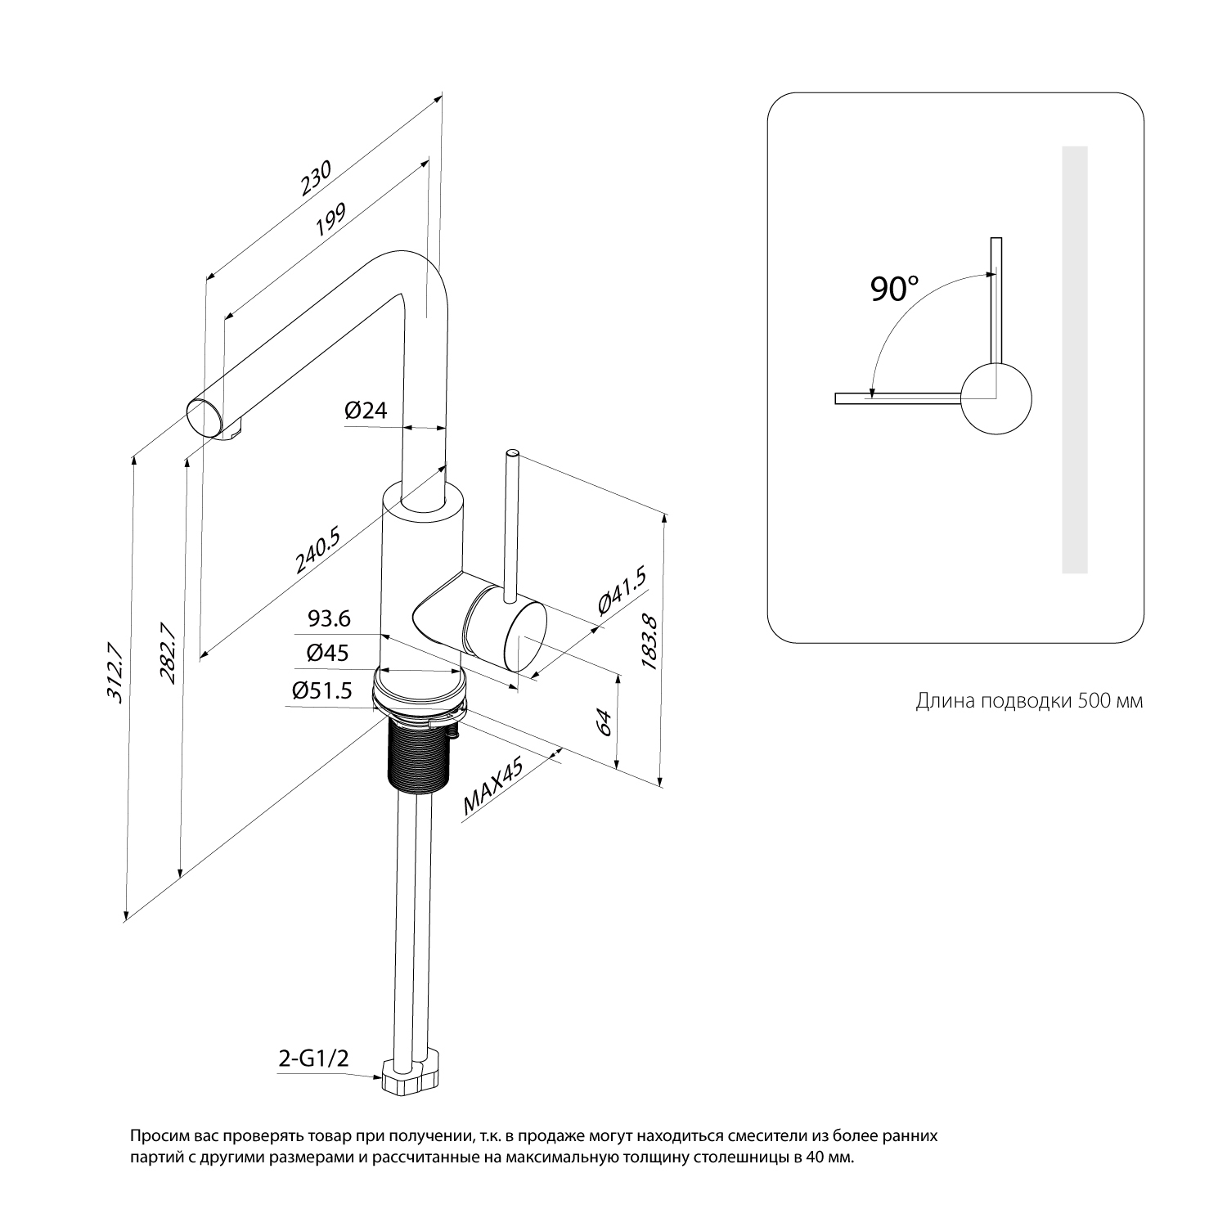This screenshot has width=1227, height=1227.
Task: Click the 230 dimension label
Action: point(316,178)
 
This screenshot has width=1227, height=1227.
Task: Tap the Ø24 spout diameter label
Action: point(365,411)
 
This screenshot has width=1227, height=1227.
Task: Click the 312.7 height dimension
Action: point(114,673)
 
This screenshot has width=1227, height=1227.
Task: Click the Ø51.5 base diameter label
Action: point(321,691)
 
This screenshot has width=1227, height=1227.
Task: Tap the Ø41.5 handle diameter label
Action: point(622,591)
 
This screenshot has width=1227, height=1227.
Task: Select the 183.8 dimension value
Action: point(649,642)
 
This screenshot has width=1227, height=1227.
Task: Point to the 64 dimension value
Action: point(604,722)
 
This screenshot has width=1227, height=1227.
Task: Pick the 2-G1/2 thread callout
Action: point(314,1059)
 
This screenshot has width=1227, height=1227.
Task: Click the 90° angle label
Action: point(894,289)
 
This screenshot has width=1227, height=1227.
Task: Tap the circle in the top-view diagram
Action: point(996,399)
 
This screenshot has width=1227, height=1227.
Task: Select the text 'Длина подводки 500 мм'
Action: point(1029,701)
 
